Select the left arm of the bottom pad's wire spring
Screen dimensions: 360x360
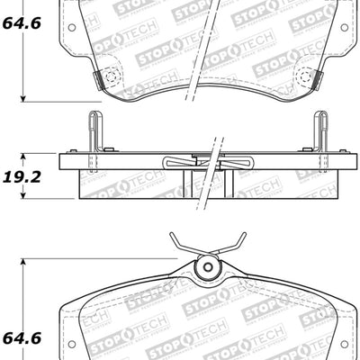coord(184,247)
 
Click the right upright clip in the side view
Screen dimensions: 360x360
coord(320,130)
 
